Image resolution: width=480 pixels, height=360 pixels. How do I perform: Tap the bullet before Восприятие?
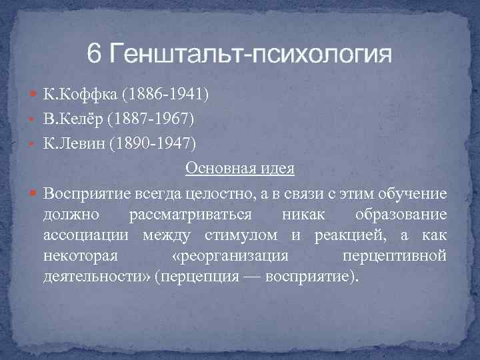click(x=35, y=193)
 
